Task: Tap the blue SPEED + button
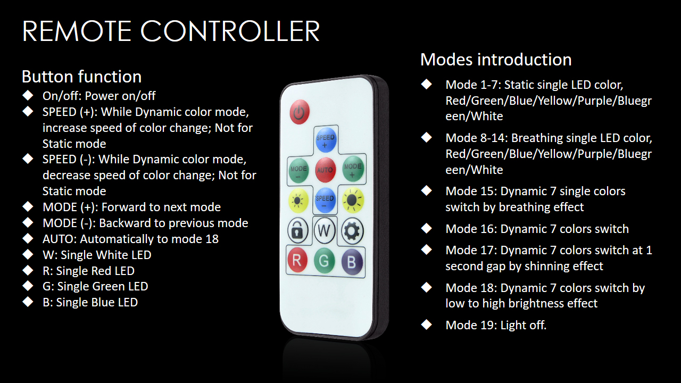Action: point(325,140)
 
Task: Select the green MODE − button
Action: point(298,170)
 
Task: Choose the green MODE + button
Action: point(353,169)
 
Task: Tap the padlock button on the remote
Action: point(297,231)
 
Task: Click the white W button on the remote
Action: point(324,231)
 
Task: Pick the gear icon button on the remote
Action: point(352,231)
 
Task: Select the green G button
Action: point(324,261)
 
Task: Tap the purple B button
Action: point(352,262)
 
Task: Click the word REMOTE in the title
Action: point(77,31)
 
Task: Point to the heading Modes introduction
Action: point(496,59)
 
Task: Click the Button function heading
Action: point(81,76)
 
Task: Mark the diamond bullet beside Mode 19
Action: point(426,324)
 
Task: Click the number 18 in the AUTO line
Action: point(212,239)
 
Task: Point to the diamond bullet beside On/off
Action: point(28,95)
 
